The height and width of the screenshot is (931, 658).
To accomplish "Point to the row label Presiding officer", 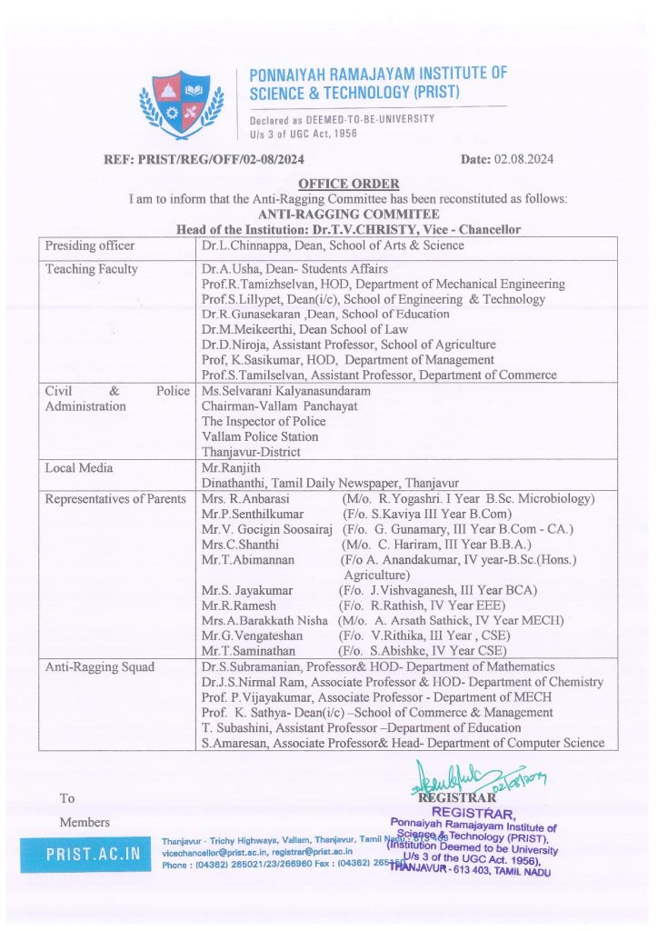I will coord(90,245).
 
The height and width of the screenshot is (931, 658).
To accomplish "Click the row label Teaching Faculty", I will coord(92,269).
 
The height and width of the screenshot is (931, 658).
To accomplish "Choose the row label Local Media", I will coord(80,467).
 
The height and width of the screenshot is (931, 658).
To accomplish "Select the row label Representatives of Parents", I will coord(115,498).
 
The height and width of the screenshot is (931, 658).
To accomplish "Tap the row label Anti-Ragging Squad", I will coord(100,667).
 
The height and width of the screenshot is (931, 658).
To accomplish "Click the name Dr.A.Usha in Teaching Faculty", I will coord(231,269).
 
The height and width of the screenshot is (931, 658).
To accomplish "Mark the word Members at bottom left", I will coord(85,823).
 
